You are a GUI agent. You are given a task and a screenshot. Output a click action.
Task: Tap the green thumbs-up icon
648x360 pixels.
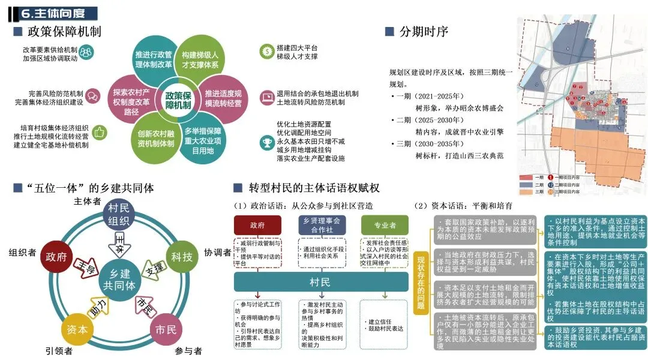pos(100,132)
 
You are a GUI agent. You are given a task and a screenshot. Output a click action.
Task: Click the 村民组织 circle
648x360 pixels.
pos(119,214)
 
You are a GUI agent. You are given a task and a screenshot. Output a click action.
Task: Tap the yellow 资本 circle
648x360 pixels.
pos(76,329)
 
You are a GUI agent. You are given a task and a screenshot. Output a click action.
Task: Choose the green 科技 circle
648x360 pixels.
pos(182,257)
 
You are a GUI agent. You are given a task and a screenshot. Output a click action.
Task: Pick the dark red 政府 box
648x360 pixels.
pos(257,225)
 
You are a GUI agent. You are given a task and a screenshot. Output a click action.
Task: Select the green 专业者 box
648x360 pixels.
pos(384,225)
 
